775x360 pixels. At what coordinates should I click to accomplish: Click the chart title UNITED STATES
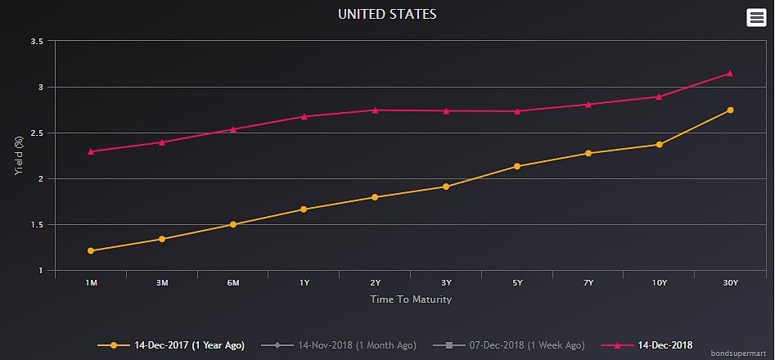(x=387, y=14)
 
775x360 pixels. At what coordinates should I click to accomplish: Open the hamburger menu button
(x=756, y=17)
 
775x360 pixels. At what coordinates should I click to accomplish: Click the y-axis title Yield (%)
(x=18, y=156)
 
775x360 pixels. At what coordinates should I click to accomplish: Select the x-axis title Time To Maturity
(x=411, y=299)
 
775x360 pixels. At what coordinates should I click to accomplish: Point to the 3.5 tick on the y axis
(x=37, y=41)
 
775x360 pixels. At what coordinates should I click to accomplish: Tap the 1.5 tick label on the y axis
(x=37, y=225)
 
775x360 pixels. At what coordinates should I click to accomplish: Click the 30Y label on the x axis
(x=730, y=283)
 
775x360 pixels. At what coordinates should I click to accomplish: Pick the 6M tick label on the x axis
(x=233, y=283)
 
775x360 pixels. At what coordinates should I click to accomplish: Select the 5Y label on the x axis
(x=517, y=283)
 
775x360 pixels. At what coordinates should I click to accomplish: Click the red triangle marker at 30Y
(x=730, y=74)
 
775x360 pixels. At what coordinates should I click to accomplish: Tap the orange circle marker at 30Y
(x=730, y=110)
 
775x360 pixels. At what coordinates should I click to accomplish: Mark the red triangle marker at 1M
(x=91, y=151)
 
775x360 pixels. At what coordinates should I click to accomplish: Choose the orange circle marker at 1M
(x=91, y=250)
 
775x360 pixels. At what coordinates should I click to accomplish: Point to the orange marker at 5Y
(x=517, y=166)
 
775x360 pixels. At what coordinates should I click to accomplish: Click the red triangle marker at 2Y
(x=375, y=110)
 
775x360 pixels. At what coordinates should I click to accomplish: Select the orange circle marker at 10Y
(x=659, y=145)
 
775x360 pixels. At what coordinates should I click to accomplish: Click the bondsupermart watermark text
(x=741, y=353)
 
